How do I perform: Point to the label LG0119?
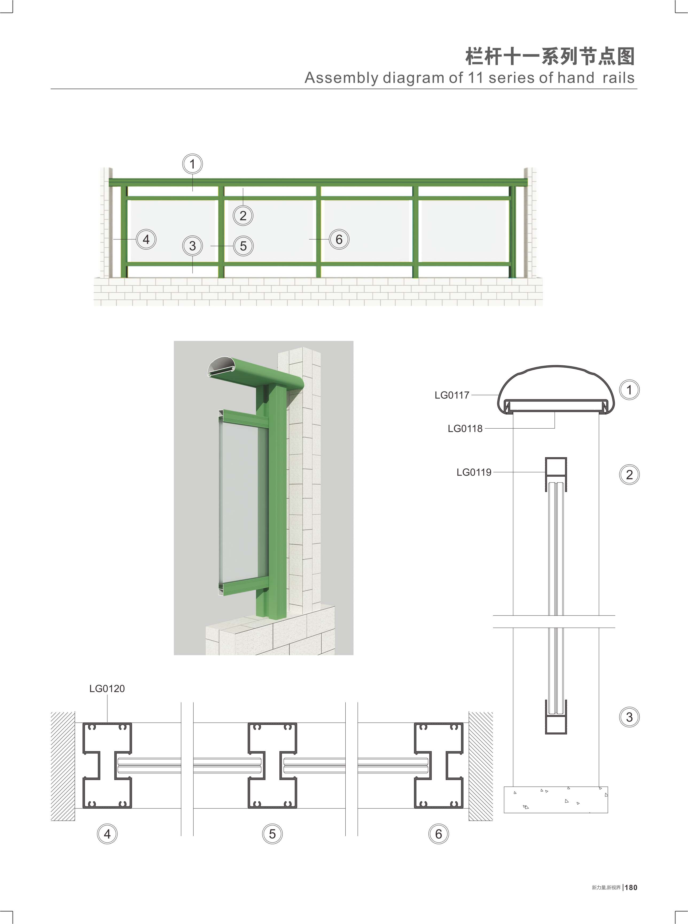[x=474, y=472]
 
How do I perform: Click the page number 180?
[x=631, y=887]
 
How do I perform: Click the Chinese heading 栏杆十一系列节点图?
[x=550, y=56]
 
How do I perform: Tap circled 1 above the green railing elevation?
[x=192, y=164]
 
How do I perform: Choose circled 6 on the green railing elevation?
[x=339, y=239]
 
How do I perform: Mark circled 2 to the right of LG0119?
[x=629, y=475]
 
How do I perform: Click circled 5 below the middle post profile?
[x=272, y=834]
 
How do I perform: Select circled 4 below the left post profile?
[x=107, y=834]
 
